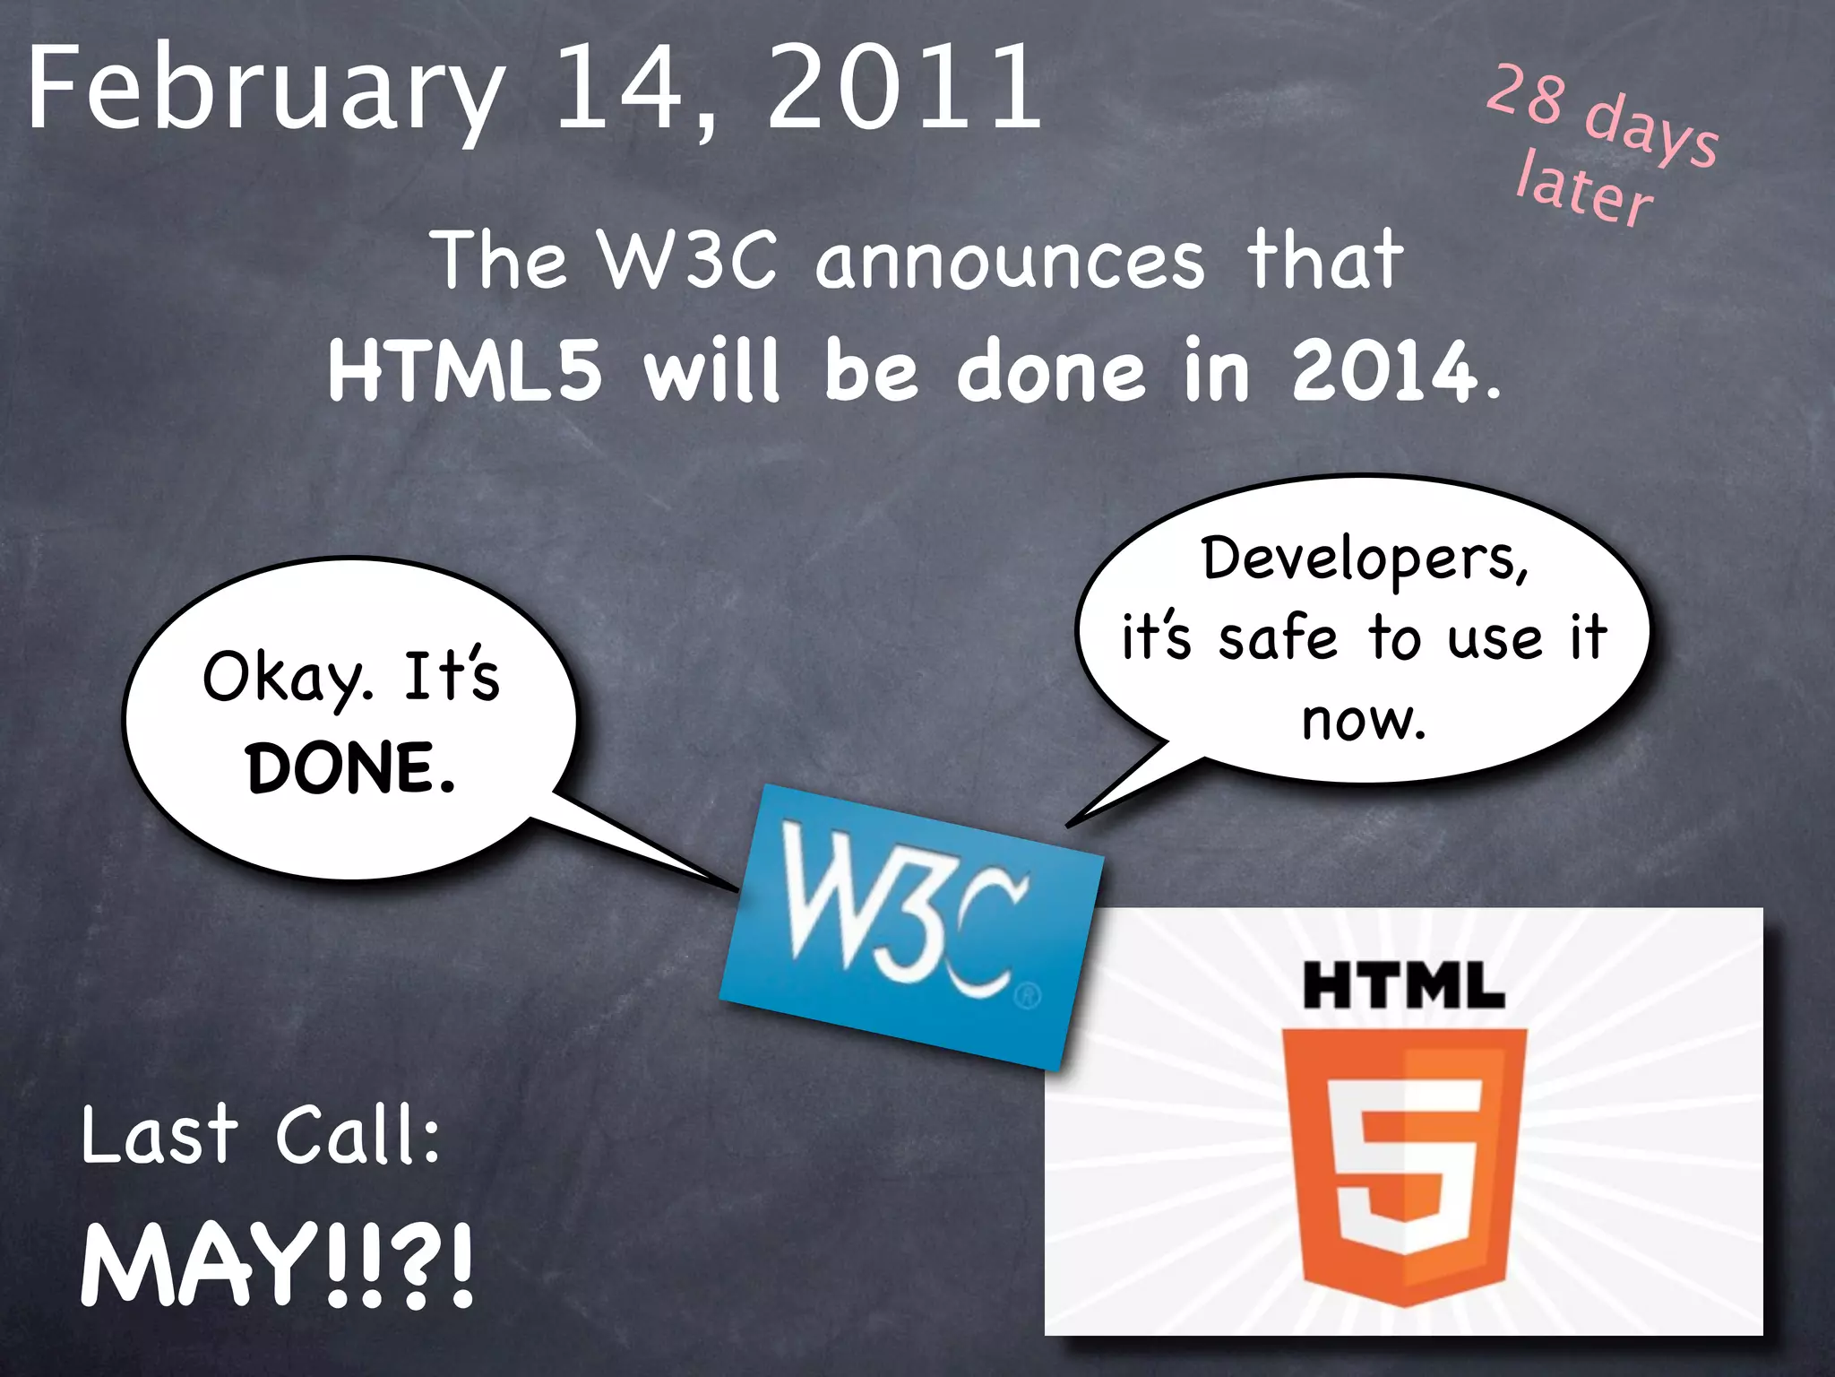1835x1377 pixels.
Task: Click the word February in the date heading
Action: (x=265, y=90)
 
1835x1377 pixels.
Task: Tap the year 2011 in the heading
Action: (x=905, y=88)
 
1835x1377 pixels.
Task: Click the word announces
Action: (x=1010, y=260)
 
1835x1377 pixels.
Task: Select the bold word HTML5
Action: (x=464, y=369)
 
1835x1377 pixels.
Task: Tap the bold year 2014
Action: (x=1384, y=369)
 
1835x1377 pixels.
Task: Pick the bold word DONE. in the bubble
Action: (x=350, y=768)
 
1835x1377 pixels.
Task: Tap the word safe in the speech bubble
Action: (x=1278, y=638)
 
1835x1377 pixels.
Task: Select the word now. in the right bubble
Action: (x=1363, y=719)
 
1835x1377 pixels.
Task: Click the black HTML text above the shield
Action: (x=1404, y=985)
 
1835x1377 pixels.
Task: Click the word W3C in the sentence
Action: (x=688, y=260)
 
